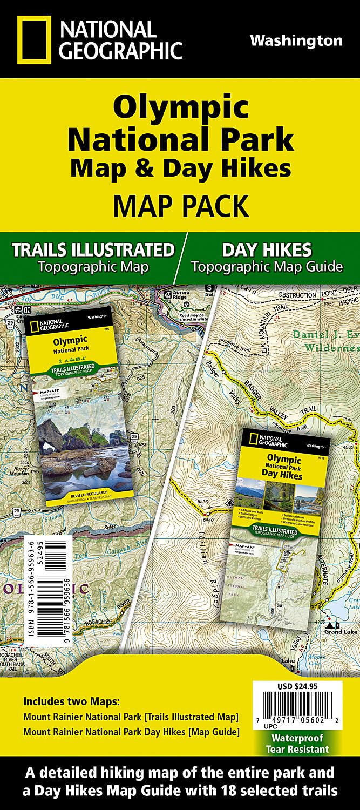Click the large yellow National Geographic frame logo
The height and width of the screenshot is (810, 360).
point(34,39)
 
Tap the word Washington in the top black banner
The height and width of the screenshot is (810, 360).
point(296,41)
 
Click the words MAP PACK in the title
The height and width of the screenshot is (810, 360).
point(180,206)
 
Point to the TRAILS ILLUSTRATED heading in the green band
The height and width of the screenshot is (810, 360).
point(93,249)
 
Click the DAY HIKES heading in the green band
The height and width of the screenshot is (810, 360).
point(267,249)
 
